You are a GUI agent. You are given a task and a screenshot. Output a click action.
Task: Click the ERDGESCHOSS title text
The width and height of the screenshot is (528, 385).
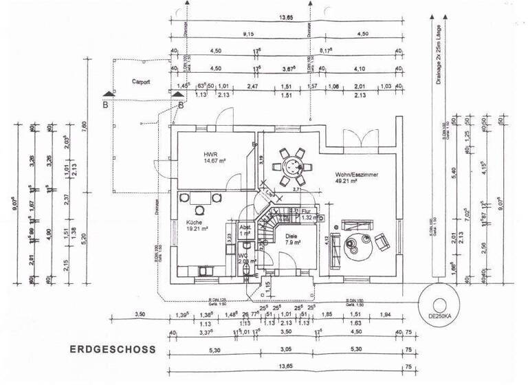click(113, 349)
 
